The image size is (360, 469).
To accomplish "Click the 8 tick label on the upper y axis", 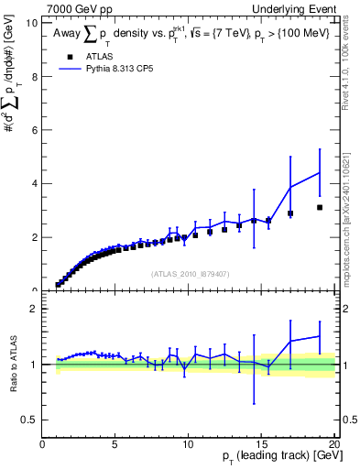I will pos(35,77).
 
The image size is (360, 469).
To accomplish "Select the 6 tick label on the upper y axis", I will pos(35,130).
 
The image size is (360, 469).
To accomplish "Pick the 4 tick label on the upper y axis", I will pos(35,184).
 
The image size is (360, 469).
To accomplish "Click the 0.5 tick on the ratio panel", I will pos(31,420).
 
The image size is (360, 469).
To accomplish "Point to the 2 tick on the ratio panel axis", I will pos(35,310).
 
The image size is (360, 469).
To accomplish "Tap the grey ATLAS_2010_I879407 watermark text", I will pos(189,273).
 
